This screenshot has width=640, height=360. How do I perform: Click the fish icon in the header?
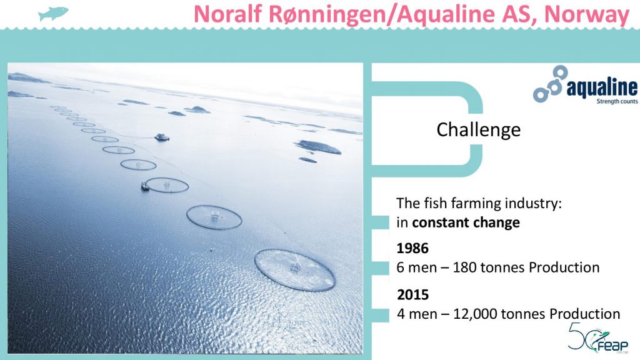pyautogui.click(x=53, y=14)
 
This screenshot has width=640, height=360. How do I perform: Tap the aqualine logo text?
pyautogui.click(x=602, y=87)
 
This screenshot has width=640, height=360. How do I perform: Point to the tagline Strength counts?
pyautogui.click(x=617, y=101)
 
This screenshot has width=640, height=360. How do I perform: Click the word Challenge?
pyautogui.click(x=478, y=130)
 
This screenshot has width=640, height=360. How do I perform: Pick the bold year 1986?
pyautogui.click(x=412, y=248)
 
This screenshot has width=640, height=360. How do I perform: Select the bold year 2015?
pyautogui.click(x=412, y=295)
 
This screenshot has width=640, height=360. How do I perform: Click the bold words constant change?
pyautogui.click(x=466, y=222)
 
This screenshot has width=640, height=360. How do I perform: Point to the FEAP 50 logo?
pyautogui.click(x=598, y=337)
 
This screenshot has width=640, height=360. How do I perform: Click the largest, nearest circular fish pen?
pyautogui.click(x=295, y=270)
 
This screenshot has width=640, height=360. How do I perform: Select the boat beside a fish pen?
pyautogui.click(x=144, y=186)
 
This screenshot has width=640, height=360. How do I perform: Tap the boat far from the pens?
pyautogui.click(x=162, y=137)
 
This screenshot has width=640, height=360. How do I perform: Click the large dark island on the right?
pyautogui.click(x=318, y=147)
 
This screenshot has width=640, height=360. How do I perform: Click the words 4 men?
pyautogui.click(x=416, y=314)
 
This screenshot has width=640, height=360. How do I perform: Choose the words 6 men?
pyautogui.click(x=416, y=267)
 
